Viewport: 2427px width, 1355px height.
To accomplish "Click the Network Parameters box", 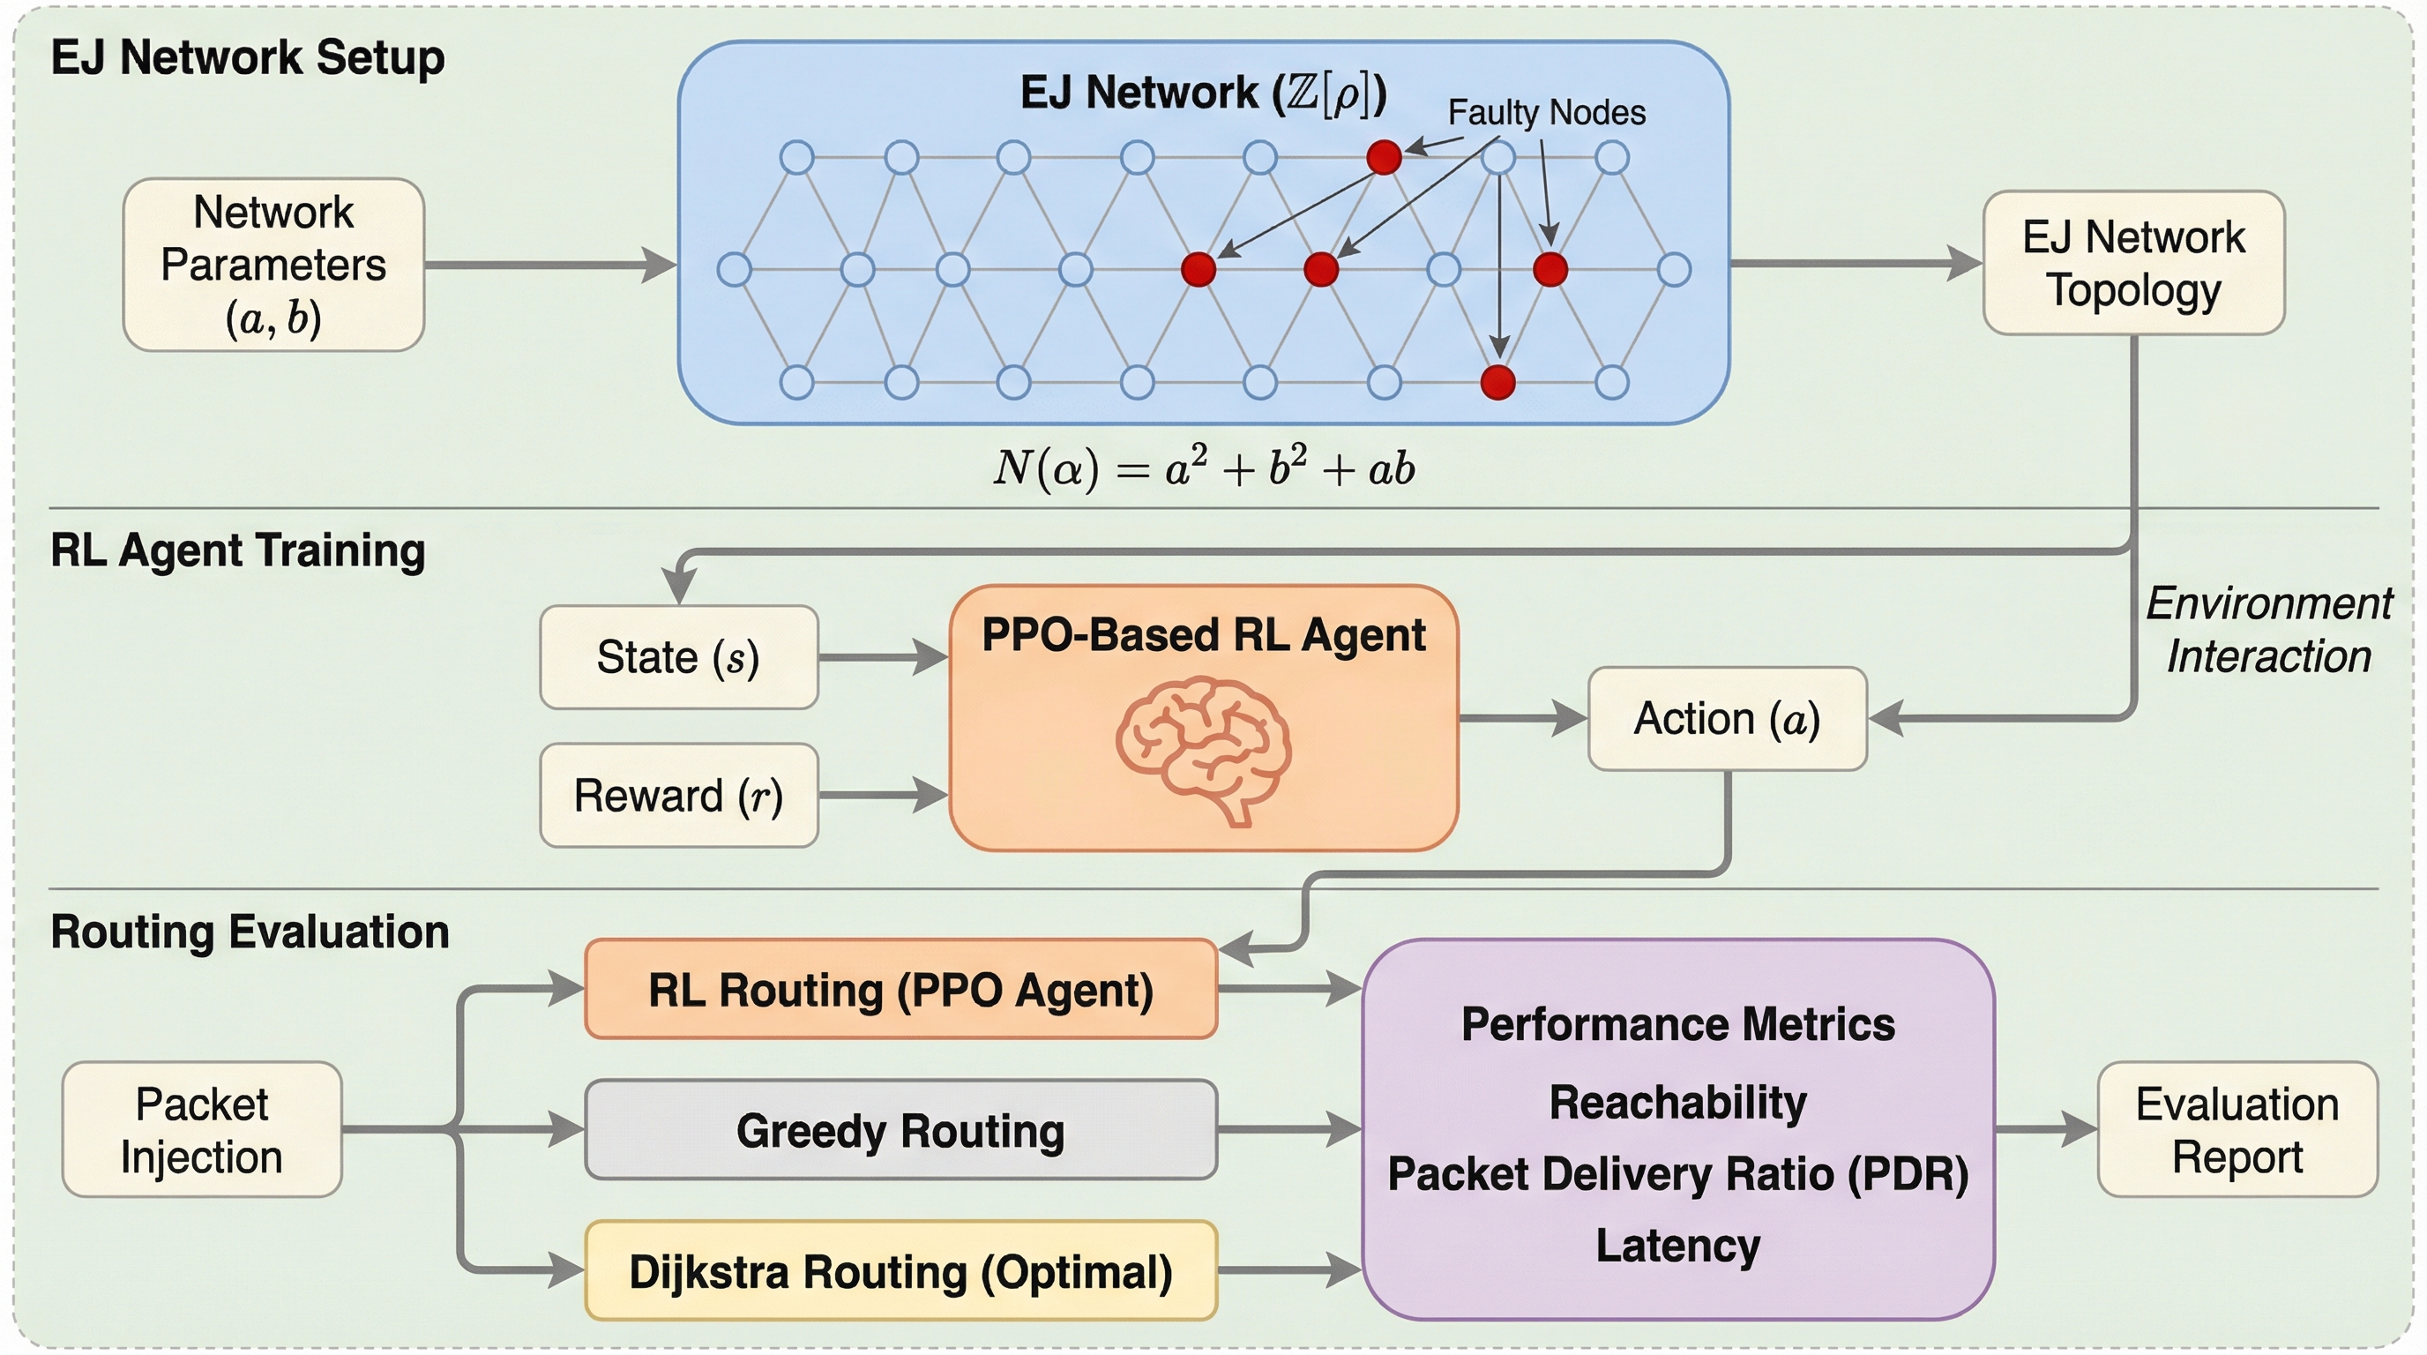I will (273, 265).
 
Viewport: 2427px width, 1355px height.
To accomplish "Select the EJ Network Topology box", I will (2133, 263).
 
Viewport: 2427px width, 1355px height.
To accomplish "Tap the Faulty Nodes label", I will (1546, 113).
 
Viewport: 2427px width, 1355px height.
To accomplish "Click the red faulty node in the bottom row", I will (1497, 383).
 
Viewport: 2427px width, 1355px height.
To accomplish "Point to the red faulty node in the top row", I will (1383, 157).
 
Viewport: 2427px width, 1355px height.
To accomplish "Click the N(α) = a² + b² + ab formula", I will (1203, 468).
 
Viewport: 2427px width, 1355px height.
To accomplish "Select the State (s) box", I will (678, 657).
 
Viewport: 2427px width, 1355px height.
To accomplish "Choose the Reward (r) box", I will (678, 796).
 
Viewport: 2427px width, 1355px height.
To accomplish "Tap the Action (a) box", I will (1727, 719).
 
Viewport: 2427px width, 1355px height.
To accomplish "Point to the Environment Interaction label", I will (2267, 630).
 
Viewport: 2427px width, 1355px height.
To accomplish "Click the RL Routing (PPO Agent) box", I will (900, 990).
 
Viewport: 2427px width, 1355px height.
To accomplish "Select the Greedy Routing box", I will (900, 1130).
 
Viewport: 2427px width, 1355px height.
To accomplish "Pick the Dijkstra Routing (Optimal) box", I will (900, 1271).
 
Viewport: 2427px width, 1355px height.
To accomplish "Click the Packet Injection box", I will (202, 1130).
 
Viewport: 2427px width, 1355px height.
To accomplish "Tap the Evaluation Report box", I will (2237, 1130).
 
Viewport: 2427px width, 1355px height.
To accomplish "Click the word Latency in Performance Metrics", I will (1677, 1246).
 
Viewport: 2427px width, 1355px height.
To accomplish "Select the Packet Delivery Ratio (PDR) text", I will (1677, 1174).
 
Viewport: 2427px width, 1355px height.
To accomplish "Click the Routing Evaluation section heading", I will (250, 932).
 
